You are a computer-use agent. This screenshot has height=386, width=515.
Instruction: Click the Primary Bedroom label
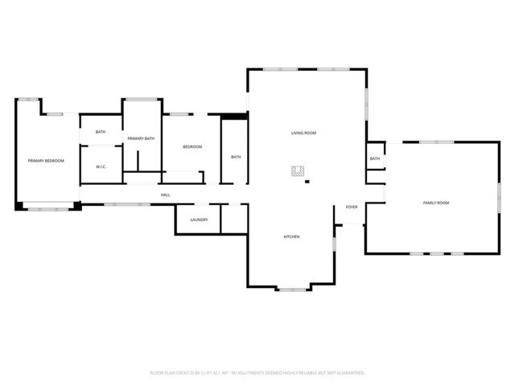coord(46,161)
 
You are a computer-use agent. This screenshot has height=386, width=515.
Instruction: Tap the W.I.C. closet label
coord(101,167)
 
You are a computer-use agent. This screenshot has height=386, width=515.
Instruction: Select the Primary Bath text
coord(141,138)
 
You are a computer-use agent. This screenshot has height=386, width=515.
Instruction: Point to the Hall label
coord(165,195)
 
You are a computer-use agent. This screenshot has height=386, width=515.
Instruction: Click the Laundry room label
coord(200,220)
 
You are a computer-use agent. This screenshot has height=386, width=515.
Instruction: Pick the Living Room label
coord(303,133)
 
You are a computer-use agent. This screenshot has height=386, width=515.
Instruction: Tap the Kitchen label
coord(291,236)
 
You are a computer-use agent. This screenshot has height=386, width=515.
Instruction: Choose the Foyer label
coord(352,207)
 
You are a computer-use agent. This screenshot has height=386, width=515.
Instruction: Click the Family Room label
coord(435,203)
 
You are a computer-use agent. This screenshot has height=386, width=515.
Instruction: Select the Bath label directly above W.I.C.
coord(101,132)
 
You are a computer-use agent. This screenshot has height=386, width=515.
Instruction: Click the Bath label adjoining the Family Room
coord(375,158)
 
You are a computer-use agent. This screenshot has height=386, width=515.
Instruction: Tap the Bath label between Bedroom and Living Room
coord(236,157)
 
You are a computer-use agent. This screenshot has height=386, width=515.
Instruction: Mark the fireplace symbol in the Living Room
coord(298,170)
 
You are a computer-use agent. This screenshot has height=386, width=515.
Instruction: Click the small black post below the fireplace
coord(307,182)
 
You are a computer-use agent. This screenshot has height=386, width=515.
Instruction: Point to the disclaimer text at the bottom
coord(257,373)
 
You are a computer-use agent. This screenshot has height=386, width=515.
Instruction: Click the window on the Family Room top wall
coord(436,142)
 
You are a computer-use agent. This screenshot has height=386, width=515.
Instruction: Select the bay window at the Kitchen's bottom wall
coord(292,289)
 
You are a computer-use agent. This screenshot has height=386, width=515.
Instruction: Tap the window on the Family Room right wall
coord(499,197)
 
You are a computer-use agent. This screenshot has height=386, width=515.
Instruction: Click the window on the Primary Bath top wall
coord(142,99)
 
